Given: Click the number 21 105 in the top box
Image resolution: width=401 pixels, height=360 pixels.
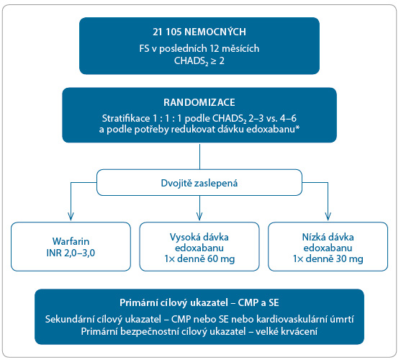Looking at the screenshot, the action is (x=167, y=32).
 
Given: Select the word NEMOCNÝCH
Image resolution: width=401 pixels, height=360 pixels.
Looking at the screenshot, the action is (x=215, y=32).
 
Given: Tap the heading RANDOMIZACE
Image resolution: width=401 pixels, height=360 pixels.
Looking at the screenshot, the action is (x=199, y=102).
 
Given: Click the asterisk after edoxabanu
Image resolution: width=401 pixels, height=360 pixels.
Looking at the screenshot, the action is (x=297, y=127).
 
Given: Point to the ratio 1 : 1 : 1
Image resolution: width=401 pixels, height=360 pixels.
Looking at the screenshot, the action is (x=167, y=118).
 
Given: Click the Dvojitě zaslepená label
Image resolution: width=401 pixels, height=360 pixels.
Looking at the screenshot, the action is (x=199, y=183).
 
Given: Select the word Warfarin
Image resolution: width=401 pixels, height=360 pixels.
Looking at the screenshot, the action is (x=71, y=241).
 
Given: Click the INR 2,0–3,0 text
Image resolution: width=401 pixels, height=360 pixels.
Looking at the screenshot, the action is (x=71, y=253).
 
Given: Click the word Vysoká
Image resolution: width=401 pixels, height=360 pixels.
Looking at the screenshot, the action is (x=182, y=237).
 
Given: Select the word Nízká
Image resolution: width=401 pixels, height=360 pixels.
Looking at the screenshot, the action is (x=312, y=237).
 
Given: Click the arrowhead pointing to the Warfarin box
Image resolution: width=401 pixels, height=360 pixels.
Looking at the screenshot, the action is (x=71, y=216).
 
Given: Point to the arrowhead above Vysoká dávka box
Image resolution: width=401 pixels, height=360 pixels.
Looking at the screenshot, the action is (x=199, y=216).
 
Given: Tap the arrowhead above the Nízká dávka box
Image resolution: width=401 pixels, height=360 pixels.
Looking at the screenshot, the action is (x=328, y=216).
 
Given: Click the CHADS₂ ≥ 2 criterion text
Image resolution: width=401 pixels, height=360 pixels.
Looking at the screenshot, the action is (x=199, y=61).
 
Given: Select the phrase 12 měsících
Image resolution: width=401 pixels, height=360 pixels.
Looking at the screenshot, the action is (x=235, y=48).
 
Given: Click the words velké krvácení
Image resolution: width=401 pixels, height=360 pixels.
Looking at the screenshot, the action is (x=287, y=331).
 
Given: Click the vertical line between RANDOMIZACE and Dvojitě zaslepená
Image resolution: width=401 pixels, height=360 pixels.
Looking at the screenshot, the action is (x=199, y=156).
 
